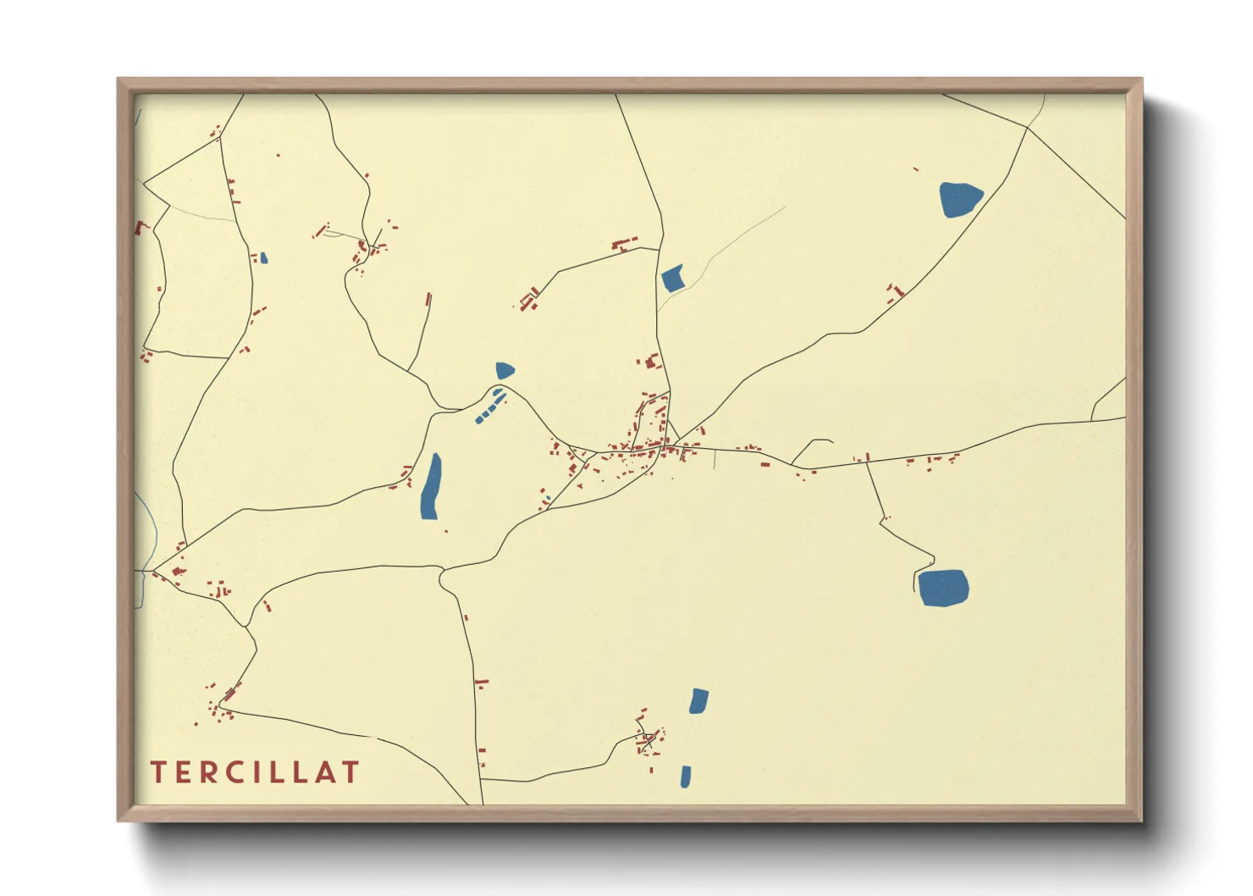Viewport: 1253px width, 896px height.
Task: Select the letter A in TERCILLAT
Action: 323,772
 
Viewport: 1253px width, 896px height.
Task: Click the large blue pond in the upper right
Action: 959,199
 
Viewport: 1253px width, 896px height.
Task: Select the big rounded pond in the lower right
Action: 942,587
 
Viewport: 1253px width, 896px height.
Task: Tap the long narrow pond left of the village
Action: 431,488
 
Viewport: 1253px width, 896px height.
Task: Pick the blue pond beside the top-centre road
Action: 673,279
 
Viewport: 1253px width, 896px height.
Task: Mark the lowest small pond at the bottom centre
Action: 685,777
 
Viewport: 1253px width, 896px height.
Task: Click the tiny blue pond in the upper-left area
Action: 264,257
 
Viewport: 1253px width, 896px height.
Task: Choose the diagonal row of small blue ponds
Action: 489,406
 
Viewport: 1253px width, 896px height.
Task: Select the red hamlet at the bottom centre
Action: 649,738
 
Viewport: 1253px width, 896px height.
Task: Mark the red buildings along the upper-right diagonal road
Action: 894,294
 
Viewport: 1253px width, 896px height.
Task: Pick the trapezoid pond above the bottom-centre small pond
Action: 698,701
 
